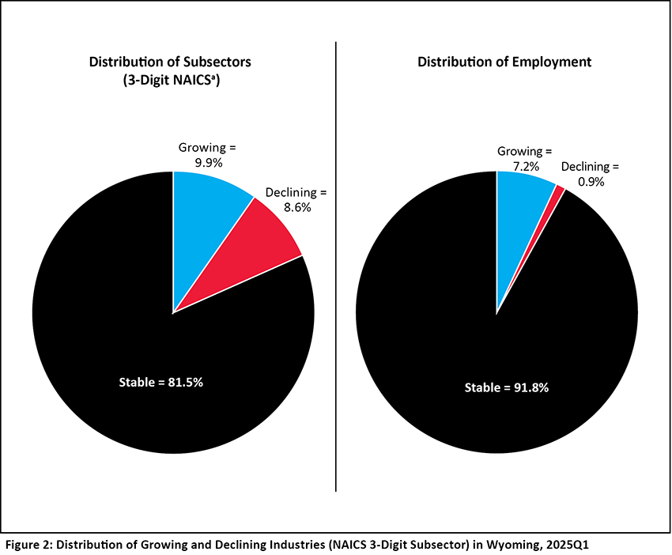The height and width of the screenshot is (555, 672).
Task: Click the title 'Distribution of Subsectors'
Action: click(173, 62)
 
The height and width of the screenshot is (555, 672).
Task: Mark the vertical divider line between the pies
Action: click(337, 269)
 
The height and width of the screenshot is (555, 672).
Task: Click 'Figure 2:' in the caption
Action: click(31, 545)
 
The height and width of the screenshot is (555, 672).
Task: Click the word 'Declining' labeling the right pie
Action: click(587, 167)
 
